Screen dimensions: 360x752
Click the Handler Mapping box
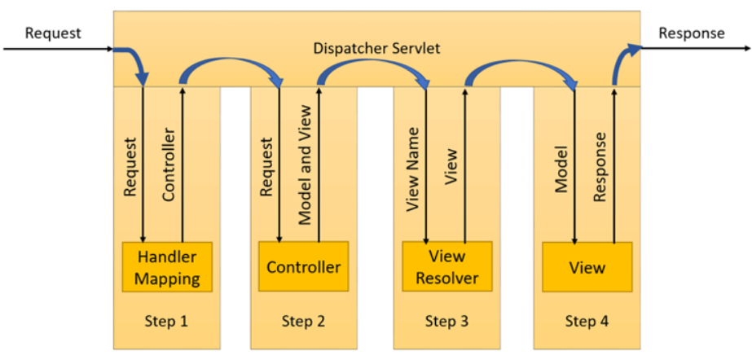pos(167,266)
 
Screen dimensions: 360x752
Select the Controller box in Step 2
pos(303,266)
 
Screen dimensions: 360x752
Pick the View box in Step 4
pos(587,266)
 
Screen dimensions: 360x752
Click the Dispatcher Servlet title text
pos(376,48)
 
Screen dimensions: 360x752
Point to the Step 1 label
pos(167,321)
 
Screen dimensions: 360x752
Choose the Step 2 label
pos(303,321)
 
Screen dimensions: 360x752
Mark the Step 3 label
pos(446,321)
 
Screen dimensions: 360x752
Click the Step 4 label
pos(587,321)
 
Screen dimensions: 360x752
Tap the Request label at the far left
pos(53,33)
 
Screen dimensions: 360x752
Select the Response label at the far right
pos(691,33)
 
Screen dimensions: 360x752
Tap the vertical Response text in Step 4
pos(600,167)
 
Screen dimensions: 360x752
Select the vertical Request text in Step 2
pos(266,167)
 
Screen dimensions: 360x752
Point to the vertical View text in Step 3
pos(452,167)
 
